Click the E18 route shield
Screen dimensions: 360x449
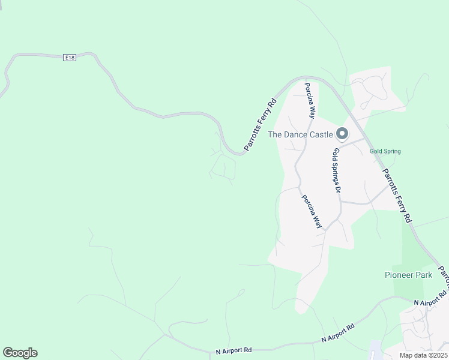tap(70, 57)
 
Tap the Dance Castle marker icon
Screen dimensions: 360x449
tap(342, 133)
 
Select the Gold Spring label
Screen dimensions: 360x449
tap(385, 152)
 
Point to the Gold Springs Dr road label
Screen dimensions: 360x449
tap(337, 170)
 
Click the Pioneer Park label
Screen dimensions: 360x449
tap(408, 275)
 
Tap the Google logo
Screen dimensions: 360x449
tap(20, 353)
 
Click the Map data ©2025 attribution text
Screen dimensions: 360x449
tap(423, 355)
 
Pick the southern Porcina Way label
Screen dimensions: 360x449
tap(312, 212)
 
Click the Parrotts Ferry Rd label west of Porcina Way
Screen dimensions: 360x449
tap(260, 124)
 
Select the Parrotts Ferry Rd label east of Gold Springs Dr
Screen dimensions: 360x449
tap(397, 193)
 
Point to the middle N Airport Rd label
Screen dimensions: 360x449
tap(338, 332)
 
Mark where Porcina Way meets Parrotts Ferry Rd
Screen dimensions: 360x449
tap(307, 78)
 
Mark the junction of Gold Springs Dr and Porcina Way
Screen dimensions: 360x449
tap(325, 229)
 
